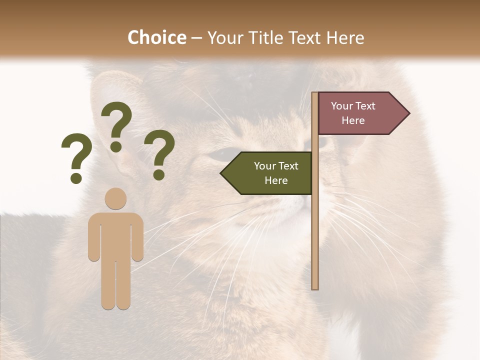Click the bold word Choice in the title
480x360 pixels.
pyautogui.click(x=156, y=37)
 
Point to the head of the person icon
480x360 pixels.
pyautogui.click(x=115, y=198)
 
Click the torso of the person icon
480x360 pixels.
pyautogui.click(x=115, y=235)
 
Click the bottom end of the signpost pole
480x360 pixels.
pyautogui.click(x=315, y=287)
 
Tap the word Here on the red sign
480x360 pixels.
pyautogui.click(x=353, y=120)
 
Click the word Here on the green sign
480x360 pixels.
pyautogui.click(x=276, y=180)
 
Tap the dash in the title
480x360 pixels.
pyautogui.click(x=196, y=38)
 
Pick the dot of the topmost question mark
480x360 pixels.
pyautogui.click(x=116, y=146)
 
